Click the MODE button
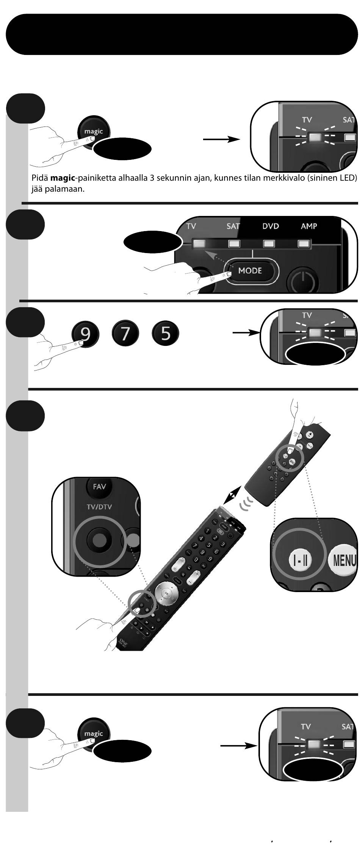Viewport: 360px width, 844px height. [250, 270]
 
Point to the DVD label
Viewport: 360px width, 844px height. [271, 226]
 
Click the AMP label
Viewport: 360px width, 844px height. [309, 226]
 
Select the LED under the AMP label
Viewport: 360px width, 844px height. [304, 244]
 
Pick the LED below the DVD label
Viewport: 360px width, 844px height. [269, 244]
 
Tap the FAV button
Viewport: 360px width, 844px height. [99, 487]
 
